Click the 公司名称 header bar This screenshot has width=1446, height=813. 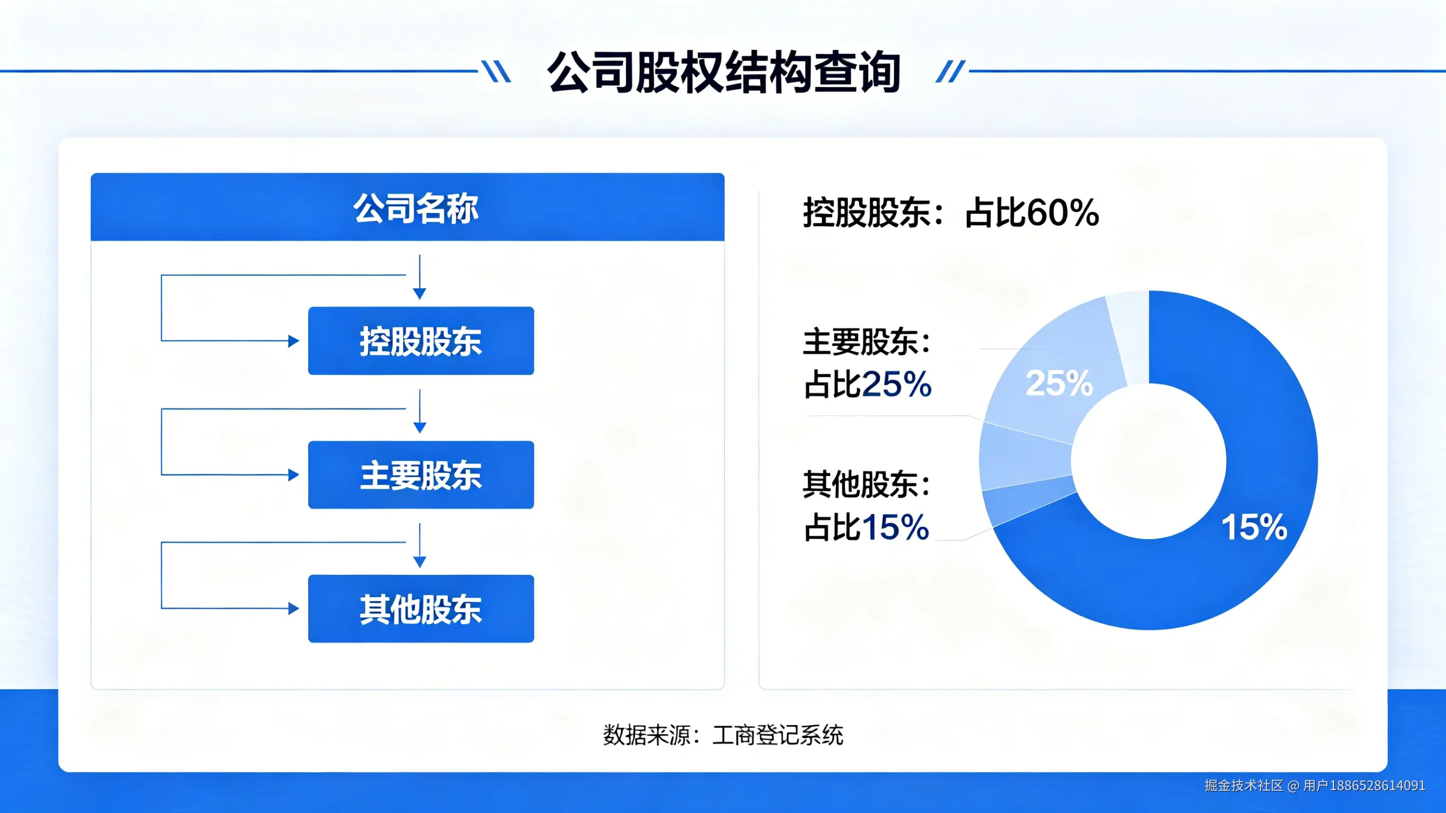coord(407,207)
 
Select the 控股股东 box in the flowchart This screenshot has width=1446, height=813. coord(421,341)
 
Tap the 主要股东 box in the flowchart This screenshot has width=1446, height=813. coord(421,475)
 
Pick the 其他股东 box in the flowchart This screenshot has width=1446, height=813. coord(421,609)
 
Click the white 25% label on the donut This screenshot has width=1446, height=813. coord(1059,383)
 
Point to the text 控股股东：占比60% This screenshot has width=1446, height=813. coord(950,213)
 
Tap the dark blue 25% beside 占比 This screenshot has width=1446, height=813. coord(896,385)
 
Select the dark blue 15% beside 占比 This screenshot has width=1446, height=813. coord(895,527)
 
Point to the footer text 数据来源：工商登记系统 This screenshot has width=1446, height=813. coord(723,735)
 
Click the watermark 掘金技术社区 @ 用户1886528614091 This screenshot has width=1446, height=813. coord(1315,785)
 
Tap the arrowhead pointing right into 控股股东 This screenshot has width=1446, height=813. coord(293,341)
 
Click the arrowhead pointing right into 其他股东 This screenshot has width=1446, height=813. coord(293,609)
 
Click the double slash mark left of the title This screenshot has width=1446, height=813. coord(496,72)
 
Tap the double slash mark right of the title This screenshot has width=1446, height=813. coord(950,72)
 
